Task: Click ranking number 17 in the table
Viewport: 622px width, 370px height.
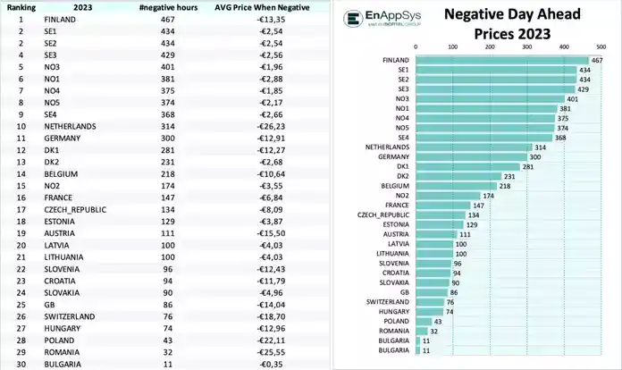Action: [x=19, y=209]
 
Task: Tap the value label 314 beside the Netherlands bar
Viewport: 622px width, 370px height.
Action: [x=540, y=147]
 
